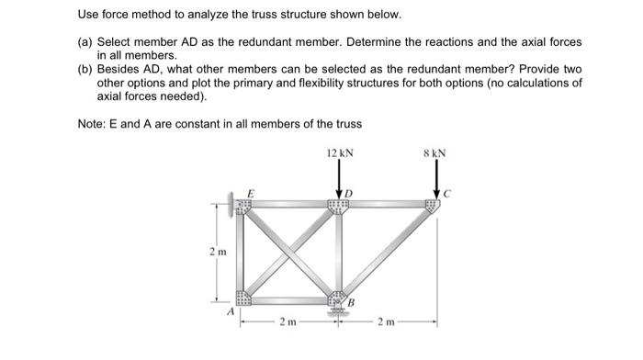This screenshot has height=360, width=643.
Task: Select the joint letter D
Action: (349, 194)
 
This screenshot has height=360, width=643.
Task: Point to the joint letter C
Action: (449, 195)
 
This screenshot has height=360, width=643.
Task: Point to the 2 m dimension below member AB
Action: (288, 322)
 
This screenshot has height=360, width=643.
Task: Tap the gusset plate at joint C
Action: (430, 205)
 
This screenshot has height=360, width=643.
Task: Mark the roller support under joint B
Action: (338, 310)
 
